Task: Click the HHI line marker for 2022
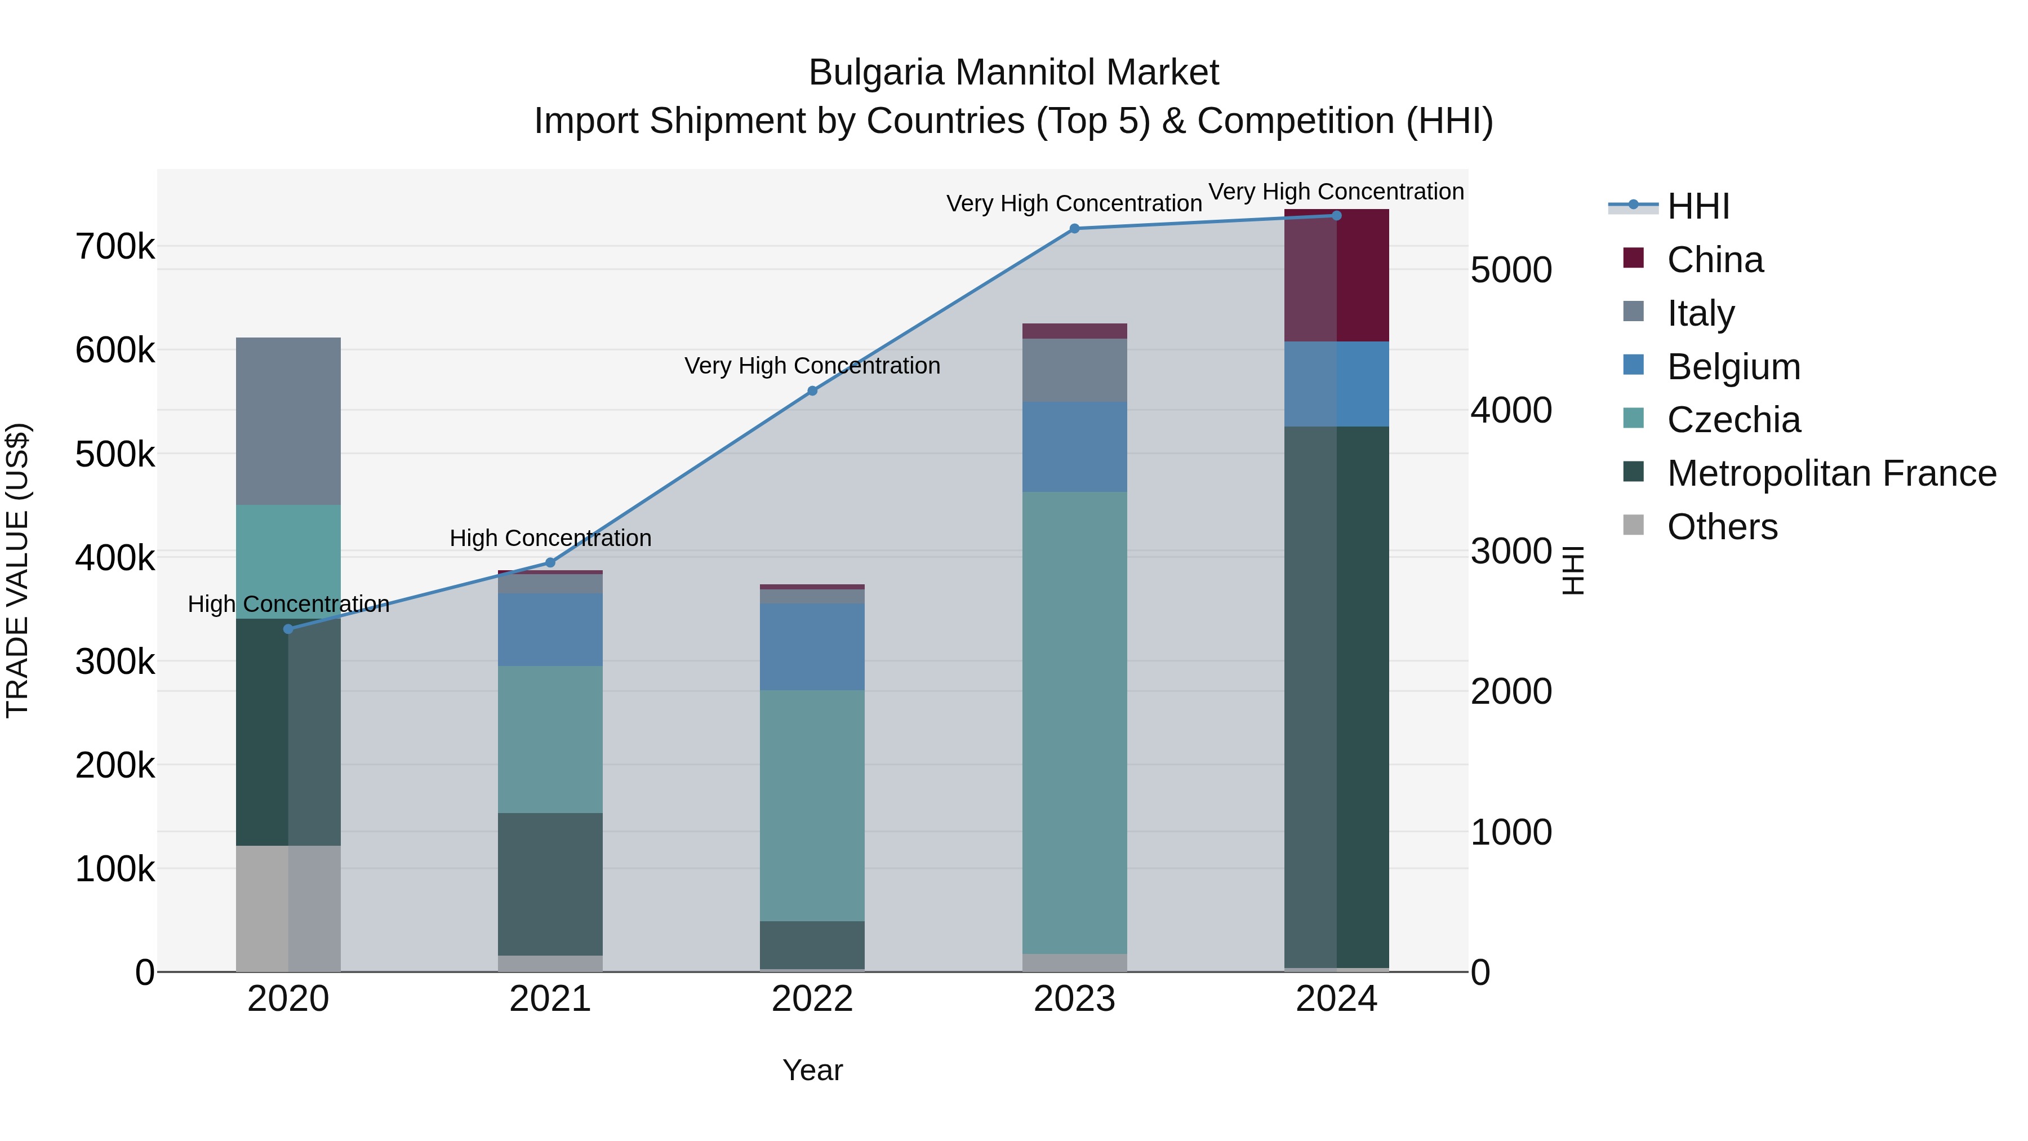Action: pos(812,390)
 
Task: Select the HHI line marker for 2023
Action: pos(1075,228)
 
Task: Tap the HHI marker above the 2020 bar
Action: pos(288,628)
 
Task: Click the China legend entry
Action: pos(1715,260)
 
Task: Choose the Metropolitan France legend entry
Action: pos(1831,473)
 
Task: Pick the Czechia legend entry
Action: pos(1733,420)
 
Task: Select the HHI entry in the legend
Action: pos(1698,206)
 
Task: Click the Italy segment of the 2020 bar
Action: pos(288,421)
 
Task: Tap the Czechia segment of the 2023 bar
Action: pos(1075,722)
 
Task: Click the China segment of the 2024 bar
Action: pos(1337,276)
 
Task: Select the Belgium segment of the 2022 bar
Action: pos(812,647)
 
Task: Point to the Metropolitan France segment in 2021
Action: pos(550,884)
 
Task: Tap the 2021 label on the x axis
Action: pos(550,999)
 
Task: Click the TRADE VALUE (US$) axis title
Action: pos(17,570)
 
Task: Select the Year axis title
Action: pos(812,1070)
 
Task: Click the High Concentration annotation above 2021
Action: pos(550,539)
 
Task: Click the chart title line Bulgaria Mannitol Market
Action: pos(1013,73)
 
